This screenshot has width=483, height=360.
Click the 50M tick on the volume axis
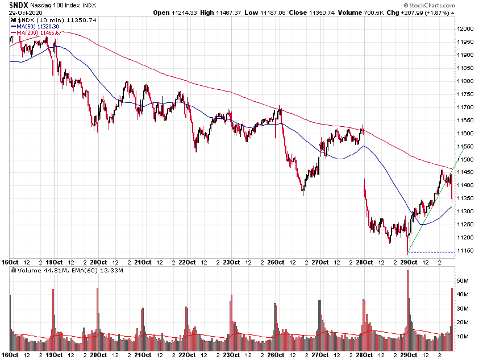(x=463, y=281)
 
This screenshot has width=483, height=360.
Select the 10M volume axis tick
(x=463, y=337)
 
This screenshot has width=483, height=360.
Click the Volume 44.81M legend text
(x=35, y=271)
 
